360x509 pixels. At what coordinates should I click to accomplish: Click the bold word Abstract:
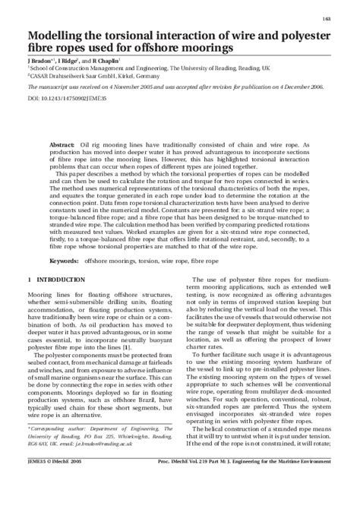pyautogui.click(x=62, y=144)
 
